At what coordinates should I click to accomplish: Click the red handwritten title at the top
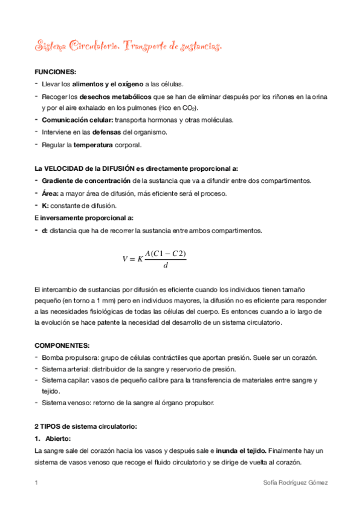pyautogui.click(x=128, y=45)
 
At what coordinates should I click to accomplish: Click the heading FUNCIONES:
pyautogui.click(x=55, y=72)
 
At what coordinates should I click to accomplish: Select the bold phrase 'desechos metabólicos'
pyautogui.click(x=116, y=96)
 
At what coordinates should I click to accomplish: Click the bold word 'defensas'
pyautogui.click(x=106, y=132)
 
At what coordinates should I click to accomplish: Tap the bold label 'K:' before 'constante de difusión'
pyautogui.click(x=45, y=205)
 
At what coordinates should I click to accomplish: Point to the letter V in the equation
pyautogui.click(x=125, y=258)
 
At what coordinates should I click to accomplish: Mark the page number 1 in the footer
pyautogui.click(x=36, y=483)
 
